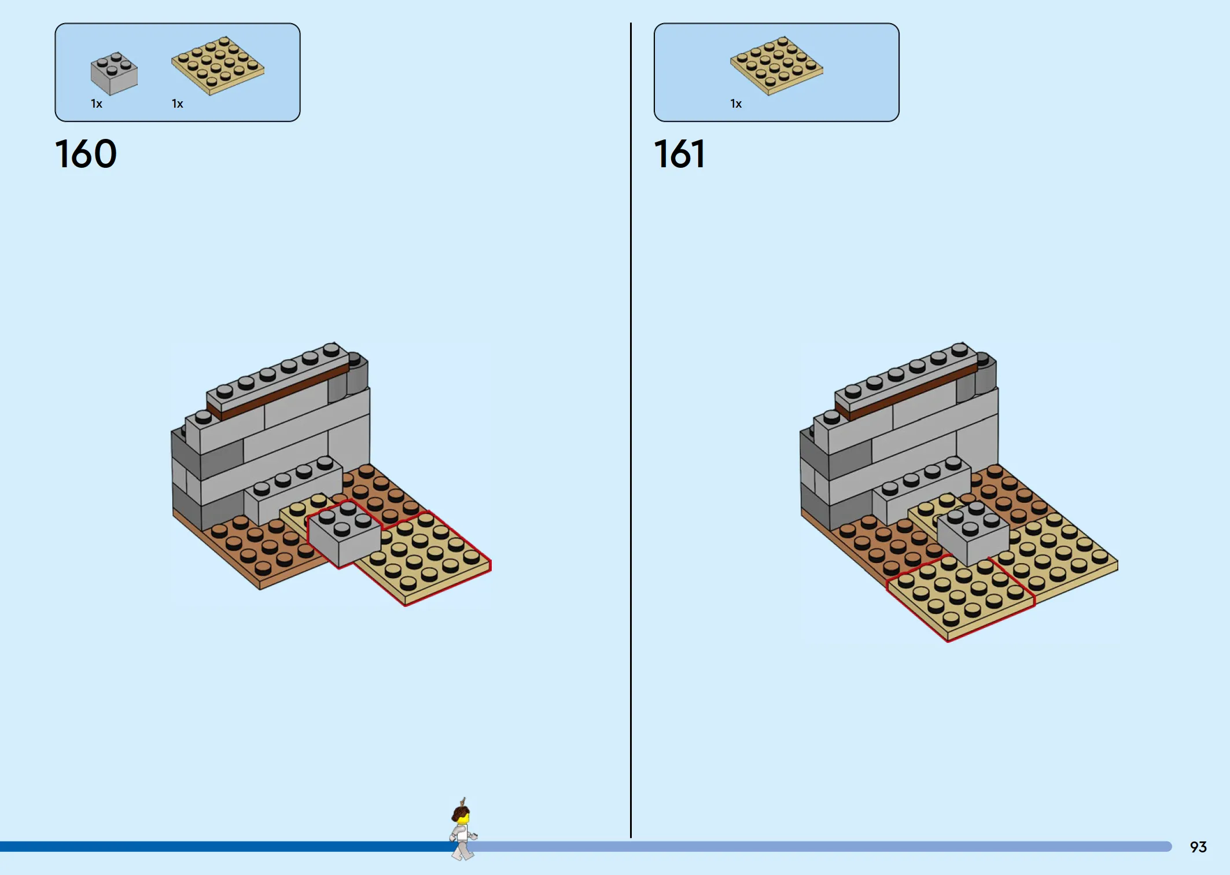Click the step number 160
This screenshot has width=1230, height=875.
point(86,154)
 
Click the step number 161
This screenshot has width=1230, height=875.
point(679,154)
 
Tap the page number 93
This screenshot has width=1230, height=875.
point(1198,847)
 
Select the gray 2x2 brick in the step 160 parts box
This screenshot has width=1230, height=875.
point(114,73)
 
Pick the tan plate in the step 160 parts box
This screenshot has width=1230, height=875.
point(218,65)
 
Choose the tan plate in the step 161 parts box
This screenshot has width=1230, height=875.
point(776,65)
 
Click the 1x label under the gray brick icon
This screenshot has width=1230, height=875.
point(97,104)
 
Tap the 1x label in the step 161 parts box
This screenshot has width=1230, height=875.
point(736,104)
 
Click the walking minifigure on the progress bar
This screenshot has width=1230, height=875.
point(463,829)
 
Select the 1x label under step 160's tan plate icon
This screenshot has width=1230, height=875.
point(178,104)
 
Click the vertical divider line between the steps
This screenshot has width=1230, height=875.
point(631,430)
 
